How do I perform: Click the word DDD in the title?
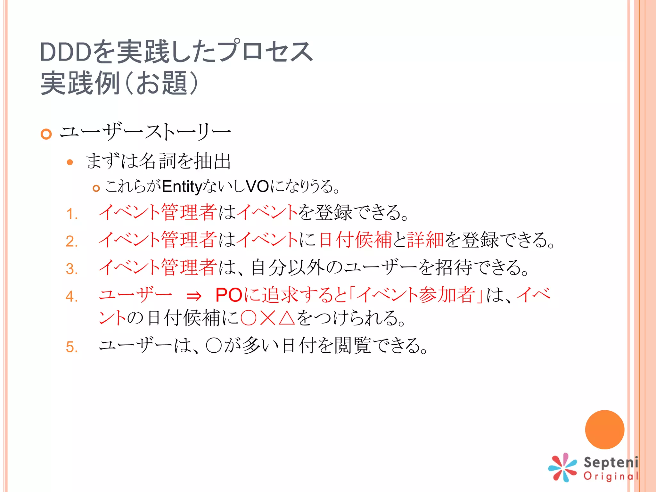point(66,52)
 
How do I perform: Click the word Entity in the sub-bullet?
point(182,187)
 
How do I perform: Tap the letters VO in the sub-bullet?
point(257,186)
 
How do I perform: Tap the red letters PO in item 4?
point(229,295)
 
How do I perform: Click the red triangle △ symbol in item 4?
point(287,318)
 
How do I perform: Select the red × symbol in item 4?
point(267,318)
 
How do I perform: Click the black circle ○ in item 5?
point(214,346)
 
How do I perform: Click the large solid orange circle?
point(604,430)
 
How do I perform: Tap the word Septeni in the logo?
point(611,462)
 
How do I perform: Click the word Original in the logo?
point(611,476)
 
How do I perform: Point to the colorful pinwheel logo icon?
point(562,467)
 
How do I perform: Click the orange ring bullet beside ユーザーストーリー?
point(46,134)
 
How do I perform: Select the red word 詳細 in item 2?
point(425,240)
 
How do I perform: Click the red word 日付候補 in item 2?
point(356,240)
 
